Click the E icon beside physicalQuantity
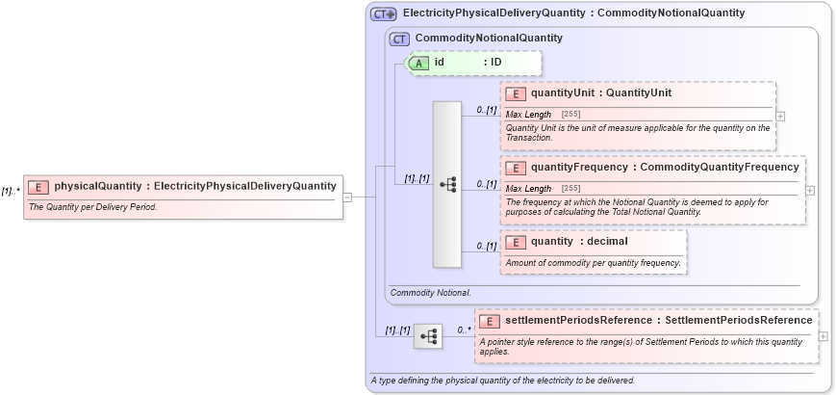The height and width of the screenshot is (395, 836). point(38,186)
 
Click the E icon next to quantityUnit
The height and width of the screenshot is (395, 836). point(516,93)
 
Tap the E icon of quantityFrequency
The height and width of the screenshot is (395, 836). point(516,167)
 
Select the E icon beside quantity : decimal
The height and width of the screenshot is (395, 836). point(516,241)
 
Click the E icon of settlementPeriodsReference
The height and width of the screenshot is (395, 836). point(490,320)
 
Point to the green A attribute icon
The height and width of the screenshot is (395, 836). point(418,63)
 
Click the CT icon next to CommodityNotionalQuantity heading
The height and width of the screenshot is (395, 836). point(399,39)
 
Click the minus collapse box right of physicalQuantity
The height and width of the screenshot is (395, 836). point(347,197)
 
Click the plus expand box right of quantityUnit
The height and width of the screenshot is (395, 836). point(780,116)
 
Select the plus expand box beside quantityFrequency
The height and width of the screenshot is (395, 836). point(810,190)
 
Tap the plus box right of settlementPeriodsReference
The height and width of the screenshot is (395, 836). point(823,336)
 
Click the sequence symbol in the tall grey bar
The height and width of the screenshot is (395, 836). point(447,184)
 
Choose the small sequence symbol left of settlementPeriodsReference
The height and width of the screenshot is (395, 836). point(428,336)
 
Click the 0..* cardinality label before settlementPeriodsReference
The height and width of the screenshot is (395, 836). point(464,329)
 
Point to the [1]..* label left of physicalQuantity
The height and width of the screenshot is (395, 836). point(11,191)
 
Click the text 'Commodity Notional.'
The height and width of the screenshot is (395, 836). point(430,291)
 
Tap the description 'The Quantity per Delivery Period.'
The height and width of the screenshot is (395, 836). point(93,207)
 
